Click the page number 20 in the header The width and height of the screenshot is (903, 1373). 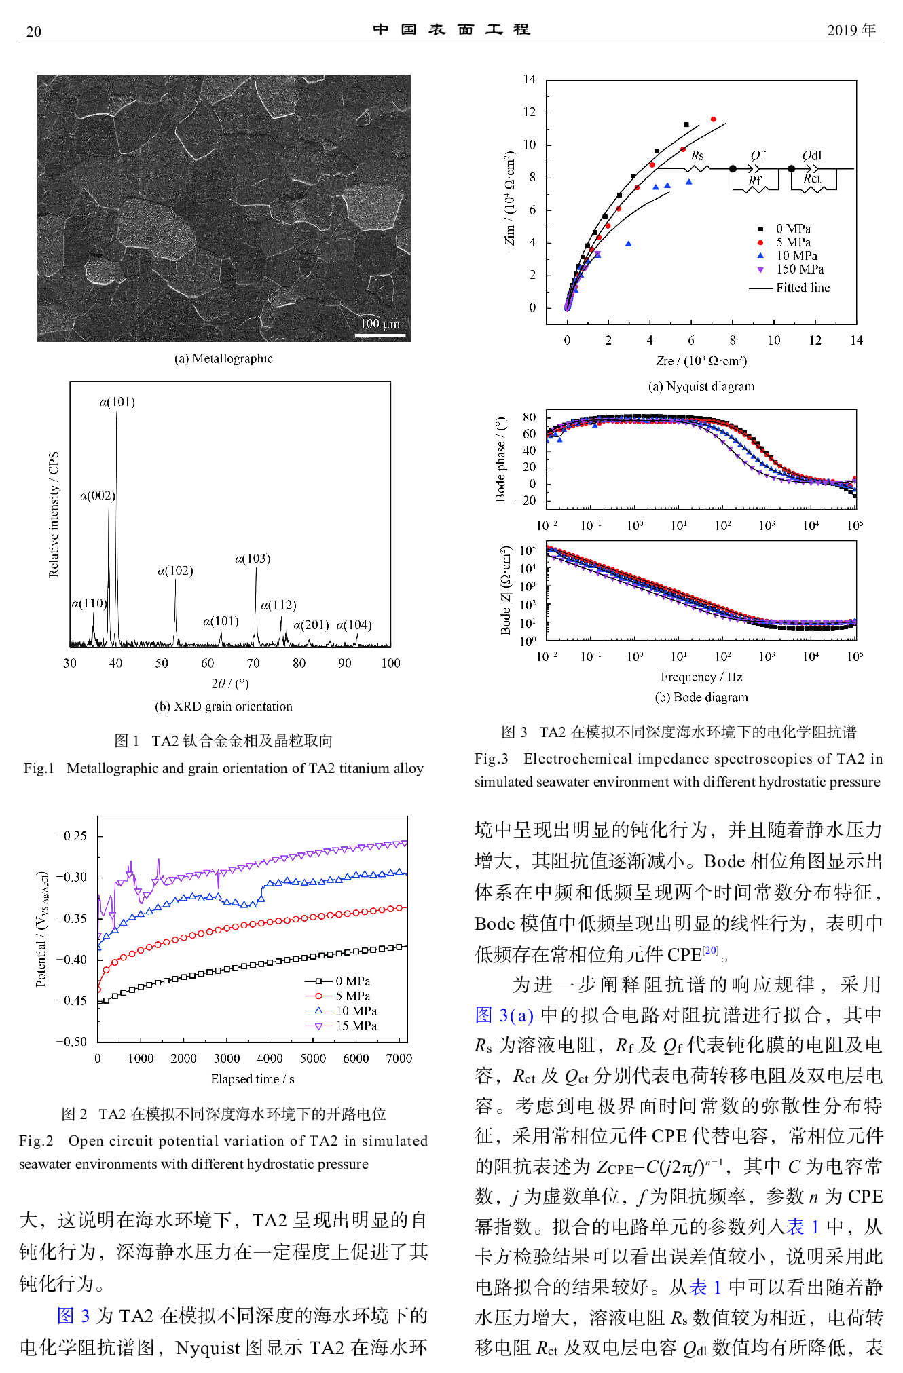[x=33, y=31]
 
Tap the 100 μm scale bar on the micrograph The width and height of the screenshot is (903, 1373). [x=380, y=333]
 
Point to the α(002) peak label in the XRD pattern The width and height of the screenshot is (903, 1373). [x=98, y=495]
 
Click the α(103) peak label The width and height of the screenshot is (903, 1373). [x=253, y=559]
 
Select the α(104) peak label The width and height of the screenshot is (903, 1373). [x=354, y=625]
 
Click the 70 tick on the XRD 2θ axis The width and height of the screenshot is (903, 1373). [x=253, y=663]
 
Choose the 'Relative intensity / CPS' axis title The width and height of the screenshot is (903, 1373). [x=54, y=514]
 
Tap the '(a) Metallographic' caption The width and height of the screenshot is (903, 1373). [x=223, y=358]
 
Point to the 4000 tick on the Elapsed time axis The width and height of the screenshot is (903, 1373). [x=270, y=1058]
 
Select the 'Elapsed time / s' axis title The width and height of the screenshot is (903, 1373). [x=252, y=1078]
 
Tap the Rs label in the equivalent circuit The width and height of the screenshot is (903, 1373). [x=697, y=155]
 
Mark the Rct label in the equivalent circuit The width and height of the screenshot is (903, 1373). [x=812, y=178]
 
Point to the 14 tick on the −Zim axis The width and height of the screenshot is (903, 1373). [x=530, y=79]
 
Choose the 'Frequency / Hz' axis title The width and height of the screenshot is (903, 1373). [x=701, y=677]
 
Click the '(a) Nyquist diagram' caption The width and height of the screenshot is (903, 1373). [x=701, y=386]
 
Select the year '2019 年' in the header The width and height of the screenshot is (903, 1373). [x=851, y=30]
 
